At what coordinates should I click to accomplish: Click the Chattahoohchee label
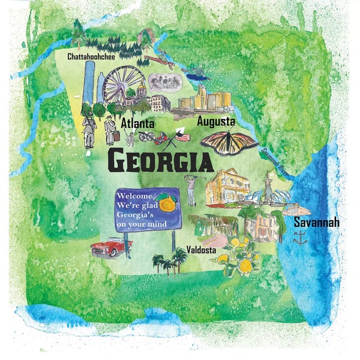(91, 57)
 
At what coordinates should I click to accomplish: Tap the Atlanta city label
(138, 123)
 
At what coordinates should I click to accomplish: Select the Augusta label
(215, 122)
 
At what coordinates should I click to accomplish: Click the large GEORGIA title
(160, 161)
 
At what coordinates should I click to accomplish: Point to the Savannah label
(316, 223)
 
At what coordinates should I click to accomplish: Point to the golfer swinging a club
(191, 190)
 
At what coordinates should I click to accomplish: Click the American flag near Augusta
(182, 137)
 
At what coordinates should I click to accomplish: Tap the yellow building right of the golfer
(227, 187)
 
